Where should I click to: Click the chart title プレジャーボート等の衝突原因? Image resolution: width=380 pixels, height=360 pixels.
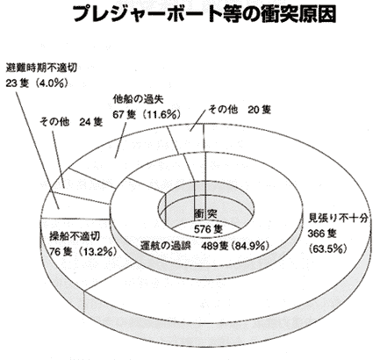pyautogui.click(x=204, y=14)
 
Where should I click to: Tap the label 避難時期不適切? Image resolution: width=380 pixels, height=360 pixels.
pyautogui.click(x=41, y=68)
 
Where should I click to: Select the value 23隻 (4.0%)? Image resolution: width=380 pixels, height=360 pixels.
pyautogui.click(x=37, y=83)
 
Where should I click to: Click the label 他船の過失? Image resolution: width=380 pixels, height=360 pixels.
pyautogui.click(x=138, y=99)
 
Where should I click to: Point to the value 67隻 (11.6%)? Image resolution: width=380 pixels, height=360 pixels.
pyautogui.click(x=147, y=115)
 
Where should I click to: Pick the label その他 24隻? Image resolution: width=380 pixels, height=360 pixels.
pyautogui.click(x=71, y=122)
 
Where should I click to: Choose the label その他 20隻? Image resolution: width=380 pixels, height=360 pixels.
pyautogui.click(x=240, y=110)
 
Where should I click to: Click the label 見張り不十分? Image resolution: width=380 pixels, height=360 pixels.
pyautogui.click(x=338, y=218)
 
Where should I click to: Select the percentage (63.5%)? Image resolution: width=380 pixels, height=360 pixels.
pyautogui.click(x=328, y=248)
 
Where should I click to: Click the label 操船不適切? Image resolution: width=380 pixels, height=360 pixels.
pyautogui.click(x=75, y=235)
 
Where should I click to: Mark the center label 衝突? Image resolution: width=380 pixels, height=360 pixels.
pyautogui.click(x=205, y=213)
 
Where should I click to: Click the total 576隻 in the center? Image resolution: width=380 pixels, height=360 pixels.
pyautogui.click(x=209, y=228)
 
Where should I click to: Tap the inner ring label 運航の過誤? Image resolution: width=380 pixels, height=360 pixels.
pyautogui.click(x=165, y=246)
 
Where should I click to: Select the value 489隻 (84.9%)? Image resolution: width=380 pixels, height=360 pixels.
pyautogui.click(x=235, y=246)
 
